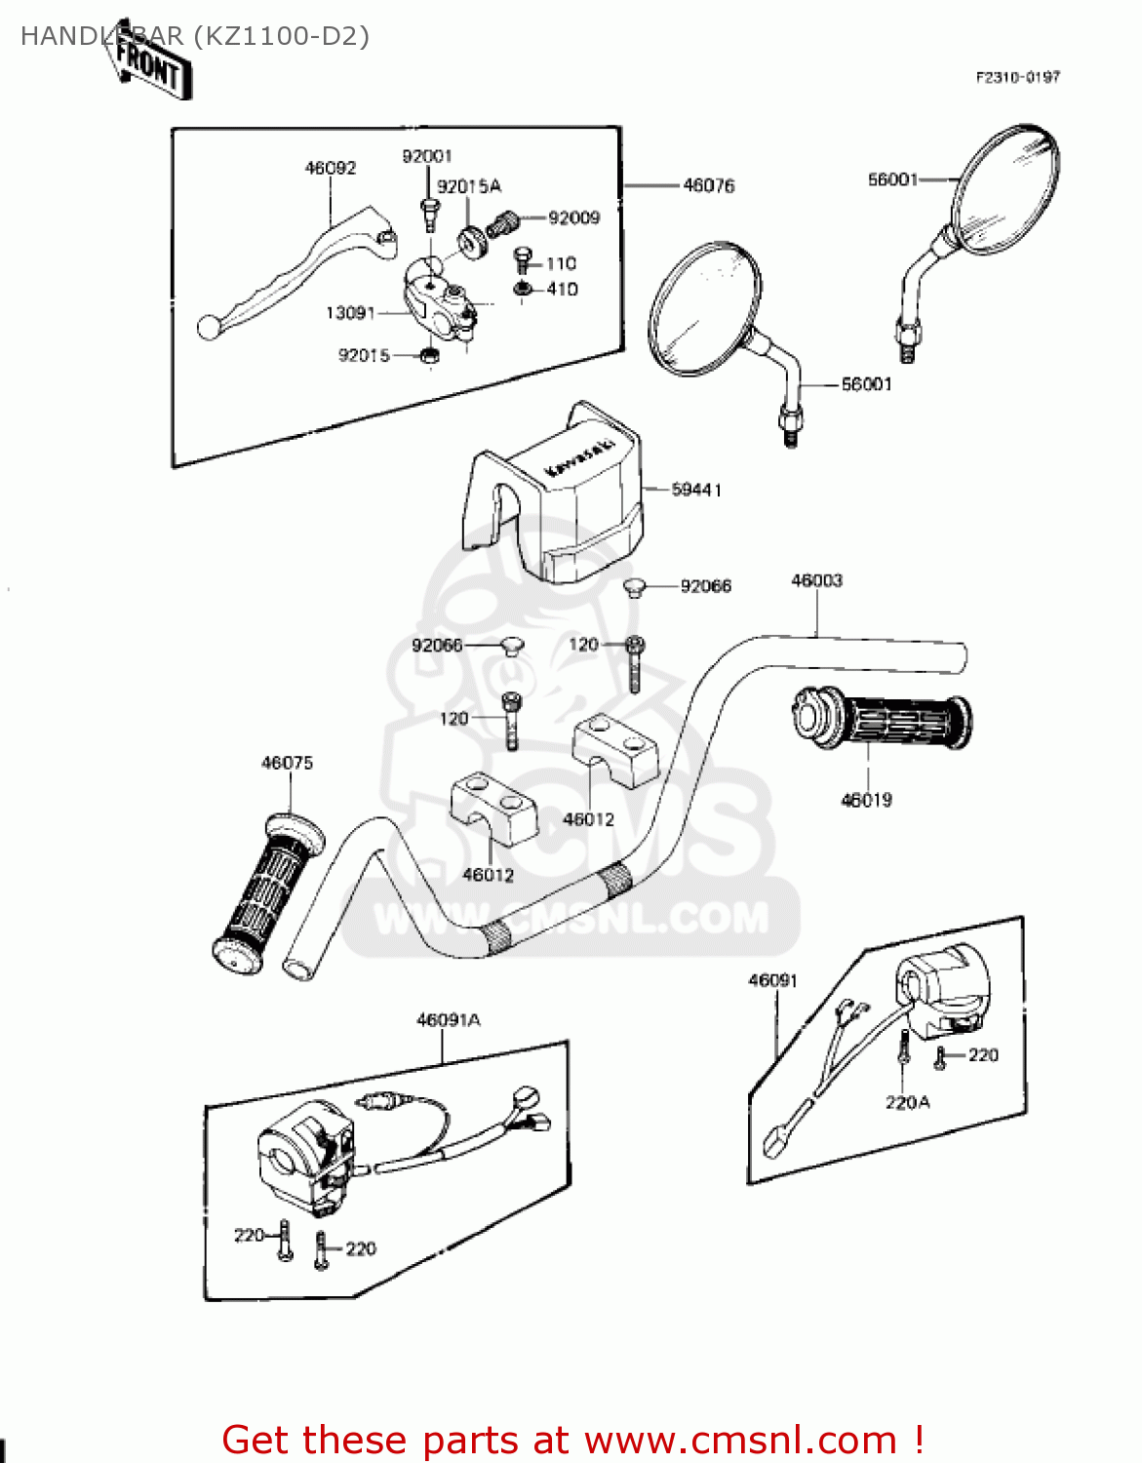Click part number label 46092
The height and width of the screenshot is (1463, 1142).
pyautogui.click(x=331, y=168)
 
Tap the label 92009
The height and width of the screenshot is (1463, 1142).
pyautogui.click(x=573, y=217)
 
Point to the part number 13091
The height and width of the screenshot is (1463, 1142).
pyautogui.click(x=350, y=313)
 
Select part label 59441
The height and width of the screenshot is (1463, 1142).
pyautogui.click(x=696, y=490)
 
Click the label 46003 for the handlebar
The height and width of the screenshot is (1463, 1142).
pyautogui.click(x=816, y=580)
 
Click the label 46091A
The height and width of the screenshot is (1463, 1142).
pyautogui.click(x=449, y=1020)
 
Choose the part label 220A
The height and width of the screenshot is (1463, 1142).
pyautogui.click(x=907, y=1102)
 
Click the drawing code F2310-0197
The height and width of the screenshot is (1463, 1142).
pyautogui.click(x=1017, y=77)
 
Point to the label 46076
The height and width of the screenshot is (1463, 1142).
pyautogui.click(x=709, y=185)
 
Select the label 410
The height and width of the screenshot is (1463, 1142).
pyautogui.click(x=562, y=289)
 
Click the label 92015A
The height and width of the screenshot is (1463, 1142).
pyautogui.click(x=469, y=186)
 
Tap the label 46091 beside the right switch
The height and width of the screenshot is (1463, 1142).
pyautogui.click(x=772, y=980)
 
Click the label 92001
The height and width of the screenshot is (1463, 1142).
pyautogui.click(x=427, y=156)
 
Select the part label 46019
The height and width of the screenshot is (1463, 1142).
pyautogui.click(x=866, y=800)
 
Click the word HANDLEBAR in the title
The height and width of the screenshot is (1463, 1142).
pyautogui.click(x=101, y=36)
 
